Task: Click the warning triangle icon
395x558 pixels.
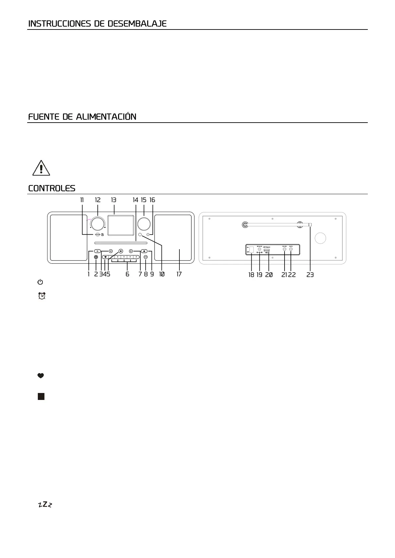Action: (x=41, y=168)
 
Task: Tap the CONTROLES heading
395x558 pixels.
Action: (x=52, y=189)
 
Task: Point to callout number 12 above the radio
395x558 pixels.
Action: (x=98, y=200)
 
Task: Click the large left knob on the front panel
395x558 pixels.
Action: (x=97, y=224)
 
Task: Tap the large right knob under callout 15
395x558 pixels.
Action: (x=144, y=224)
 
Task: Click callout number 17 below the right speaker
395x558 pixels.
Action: (x=179, y=274)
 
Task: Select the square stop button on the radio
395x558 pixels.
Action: (x=121, y=251)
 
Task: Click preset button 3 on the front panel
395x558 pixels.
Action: (x=124, y=257)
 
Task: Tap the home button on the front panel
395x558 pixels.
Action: (x=144, y=251)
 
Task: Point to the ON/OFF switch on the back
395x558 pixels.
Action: (x=251, y=250)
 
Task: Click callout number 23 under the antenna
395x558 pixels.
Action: (x=310, y=275)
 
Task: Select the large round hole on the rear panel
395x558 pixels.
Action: (x=320, y=238)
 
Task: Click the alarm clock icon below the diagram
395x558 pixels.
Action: (x=42, y=296)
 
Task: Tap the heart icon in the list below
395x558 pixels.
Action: (x=41, y=376)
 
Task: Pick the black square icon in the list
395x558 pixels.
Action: (x=41, y=396)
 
